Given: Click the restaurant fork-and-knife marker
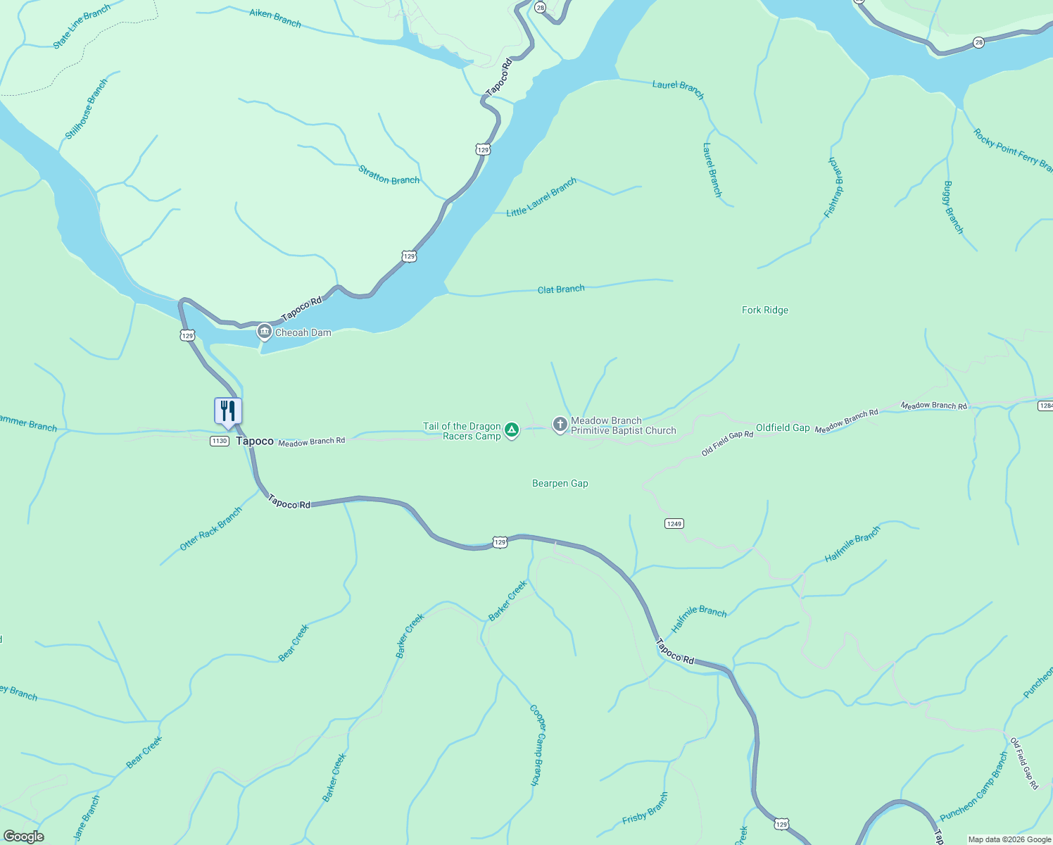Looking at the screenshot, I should point(228,411).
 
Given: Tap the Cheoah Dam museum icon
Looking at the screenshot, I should point(265,331).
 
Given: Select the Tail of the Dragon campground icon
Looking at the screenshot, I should point(512,430).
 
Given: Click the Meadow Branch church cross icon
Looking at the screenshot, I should point(560,425).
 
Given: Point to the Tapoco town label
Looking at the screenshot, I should point(254,441).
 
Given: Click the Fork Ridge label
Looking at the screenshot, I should point(765,310).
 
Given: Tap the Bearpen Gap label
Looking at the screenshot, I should point(560,483).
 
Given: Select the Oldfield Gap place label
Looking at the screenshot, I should point(783,427).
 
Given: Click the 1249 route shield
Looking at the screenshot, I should point(674,524).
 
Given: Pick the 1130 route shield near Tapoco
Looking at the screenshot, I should point(219,441).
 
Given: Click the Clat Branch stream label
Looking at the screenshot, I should point(561,289).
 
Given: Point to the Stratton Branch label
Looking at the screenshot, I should point(389,175).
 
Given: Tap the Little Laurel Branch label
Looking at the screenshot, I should point(541,197).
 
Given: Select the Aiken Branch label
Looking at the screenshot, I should point(275,18).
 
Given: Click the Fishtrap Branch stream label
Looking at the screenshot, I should point(835,187).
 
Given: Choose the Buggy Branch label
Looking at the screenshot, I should point(952,208).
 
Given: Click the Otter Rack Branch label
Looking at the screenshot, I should point(210,529).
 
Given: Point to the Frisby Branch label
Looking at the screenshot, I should point(645,808).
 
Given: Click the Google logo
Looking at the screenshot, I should point(24,837).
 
